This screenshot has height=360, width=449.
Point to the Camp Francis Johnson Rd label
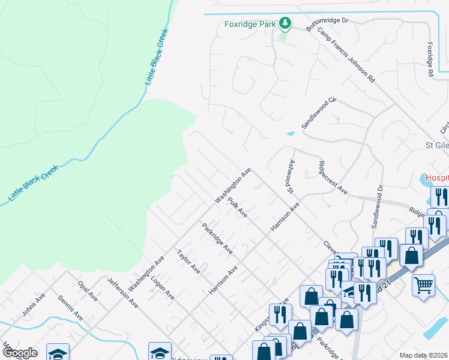[346, 55]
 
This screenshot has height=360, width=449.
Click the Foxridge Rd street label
[430, 59]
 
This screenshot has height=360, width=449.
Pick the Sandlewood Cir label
[320, 113]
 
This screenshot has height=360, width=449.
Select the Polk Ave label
[238, 208]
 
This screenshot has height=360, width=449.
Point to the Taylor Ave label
[188, 262]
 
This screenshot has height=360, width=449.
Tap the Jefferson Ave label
[123, 292]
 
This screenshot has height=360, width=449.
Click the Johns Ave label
[34, 305]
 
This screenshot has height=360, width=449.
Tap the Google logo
[19, 353]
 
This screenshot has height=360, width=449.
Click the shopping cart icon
[424, 284]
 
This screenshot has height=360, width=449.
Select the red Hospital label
[437, 178]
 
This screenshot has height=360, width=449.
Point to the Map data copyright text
[424, 355]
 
